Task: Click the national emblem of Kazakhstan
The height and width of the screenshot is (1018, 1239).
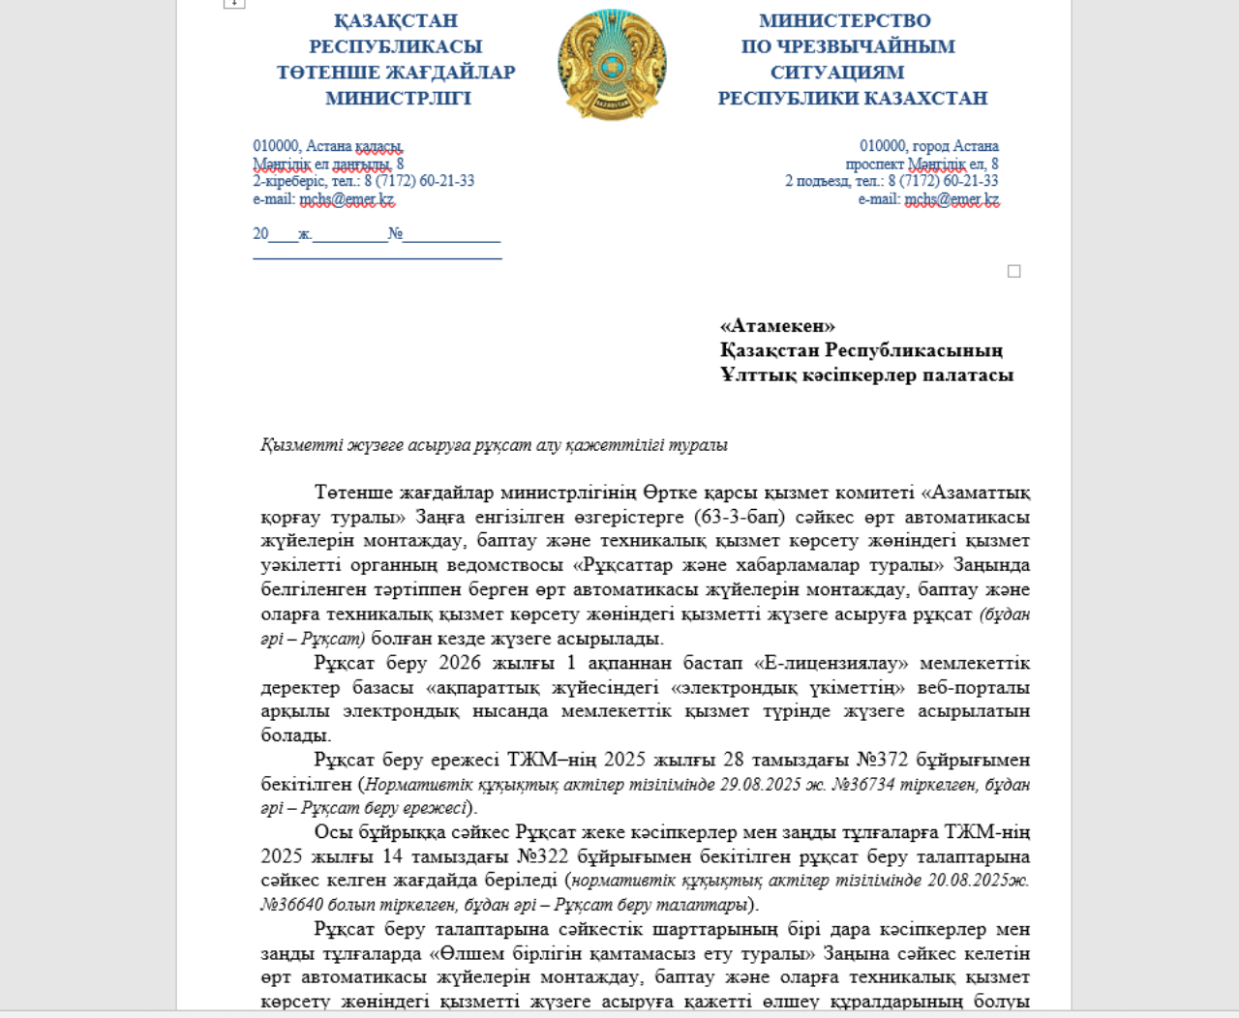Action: [x=612, y=64]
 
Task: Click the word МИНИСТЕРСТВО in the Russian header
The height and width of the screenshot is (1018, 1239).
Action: [x=844, y=20]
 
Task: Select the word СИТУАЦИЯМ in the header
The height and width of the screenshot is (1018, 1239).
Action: [x=837, y=73]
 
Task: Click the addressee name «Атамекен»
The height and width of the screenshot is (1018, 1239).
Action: [x=777, y=326]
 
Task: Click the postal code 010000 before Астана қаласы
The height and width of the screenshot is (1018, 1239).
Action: [x=276, y=146]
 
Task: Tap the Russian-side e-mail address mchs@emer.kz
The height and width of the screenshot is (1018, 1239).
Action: [x=952, y=199]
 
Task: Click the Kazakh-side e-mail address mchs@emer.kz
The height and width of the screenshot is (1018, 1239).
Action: [x=347, y=199]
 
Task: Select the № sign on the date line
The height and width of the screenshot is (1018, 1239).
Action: [x=395, y=234]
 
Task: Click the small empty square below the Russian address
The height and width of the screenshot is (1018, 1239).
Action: [x=1013, y=271]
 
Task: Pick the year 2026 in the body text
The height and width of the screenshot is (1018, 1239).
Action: [x=459, y=663]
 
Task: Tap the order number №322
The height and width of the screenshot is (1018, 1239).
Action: [x=542, y=856]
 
